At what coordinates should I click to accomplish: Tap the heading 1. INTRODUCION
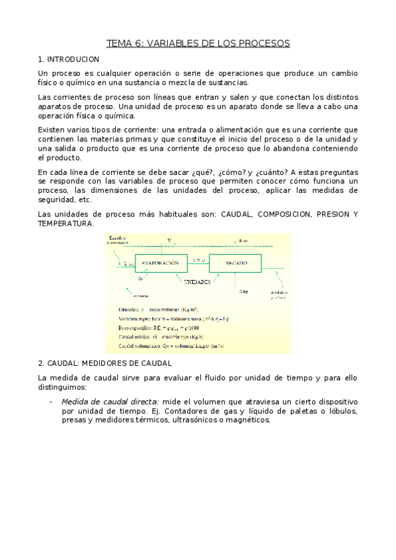click(69, 59)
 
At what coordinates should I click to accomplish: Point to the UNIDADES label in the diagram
click(198, 281)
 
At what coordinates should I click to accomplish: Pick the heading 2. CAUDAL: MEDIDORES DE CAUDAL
click(105, 363)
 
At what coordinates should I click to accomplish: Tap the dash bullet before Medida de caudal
click(52, 402)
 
